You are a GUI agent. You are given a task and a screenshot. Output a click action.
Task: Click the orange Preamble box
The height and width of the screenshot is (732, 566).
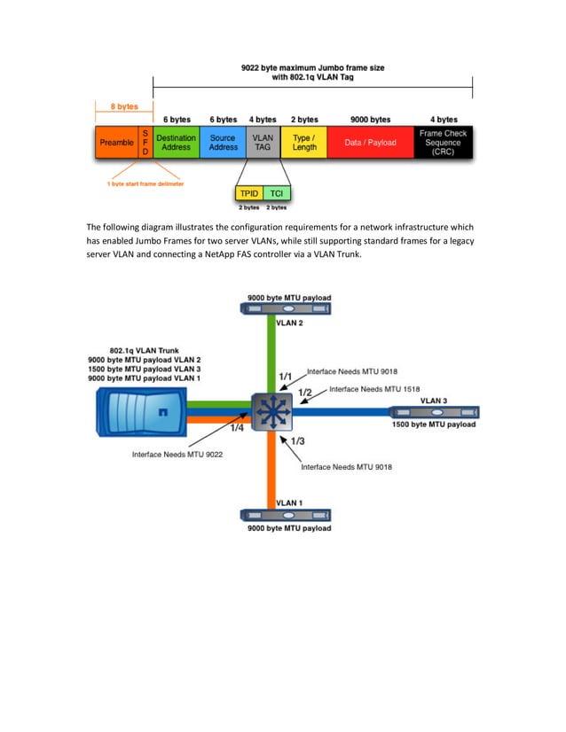click(x=116, y=143)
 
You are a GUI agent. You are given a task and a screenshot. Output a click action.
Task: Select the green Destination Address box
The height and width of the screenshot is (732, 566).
click(x=176, y=143)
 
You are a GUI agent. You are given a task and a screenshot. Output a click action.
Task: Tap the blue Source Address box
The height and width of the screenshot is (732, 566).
click(x=223, y=143)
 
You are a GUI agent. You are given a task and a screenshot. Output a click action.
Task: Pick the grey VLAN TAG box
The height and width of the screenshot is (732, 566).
click(x=263, y=143)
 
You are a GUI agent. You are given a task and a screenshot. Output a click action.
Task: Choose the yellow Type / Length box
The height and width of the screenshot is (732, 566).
click(x=303, y=143)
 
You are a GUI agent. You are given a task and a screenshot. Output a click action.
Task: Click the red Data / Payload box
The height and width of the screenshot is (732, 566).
click(x=370, y=143)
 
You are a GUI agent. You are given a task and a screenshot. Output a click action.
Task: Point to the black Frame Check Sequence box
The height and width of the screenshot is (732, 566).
click(x=443, y=143)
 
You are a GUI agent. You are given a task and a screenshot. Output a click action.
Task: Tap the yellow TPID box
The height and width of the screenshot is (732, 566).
click(x=248, y=193)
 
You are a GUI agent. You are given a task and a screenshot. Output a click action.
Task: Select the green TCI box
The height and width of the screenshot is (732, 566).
click(x=277, y=193)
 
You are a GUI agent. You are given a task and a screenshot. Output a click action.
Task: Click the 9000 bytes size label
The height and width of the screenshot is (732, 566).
click(x=370, y=119)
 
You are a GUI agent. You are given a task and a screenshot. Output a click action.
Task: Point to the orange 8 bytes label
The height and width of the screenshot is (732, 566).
click(x=123, y=106)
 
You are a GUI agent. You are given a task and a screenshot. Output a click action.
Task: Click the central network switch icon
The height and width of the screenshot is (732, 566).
click(x=271, y=412)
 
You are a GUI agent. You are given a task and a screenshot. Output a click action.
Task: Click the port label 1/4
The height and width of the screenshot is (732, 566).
click(x=237, y=429)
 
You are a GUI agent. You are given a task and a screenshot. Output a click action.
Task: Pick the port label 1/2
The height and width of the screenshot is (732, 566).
click(x=304, y=392)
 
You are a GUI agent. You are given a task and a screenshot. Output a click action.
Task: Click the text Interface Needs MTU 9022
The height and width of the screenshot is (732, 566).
click(x=177, y=455)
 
